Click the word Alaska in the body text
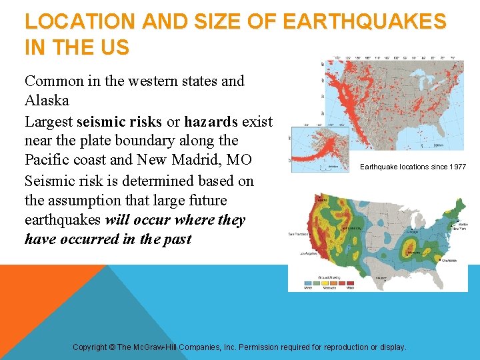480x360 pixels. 47,101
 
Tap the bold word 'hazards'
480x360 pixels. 211,121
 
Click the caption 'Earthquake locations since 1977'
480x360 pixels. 413,167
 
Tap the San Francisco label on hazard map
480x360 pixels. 298,234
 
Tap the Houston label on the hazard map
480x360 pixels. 381,277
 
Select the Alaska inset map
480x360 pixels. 313,149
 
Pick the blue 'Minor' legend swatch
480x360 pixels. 309,283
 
